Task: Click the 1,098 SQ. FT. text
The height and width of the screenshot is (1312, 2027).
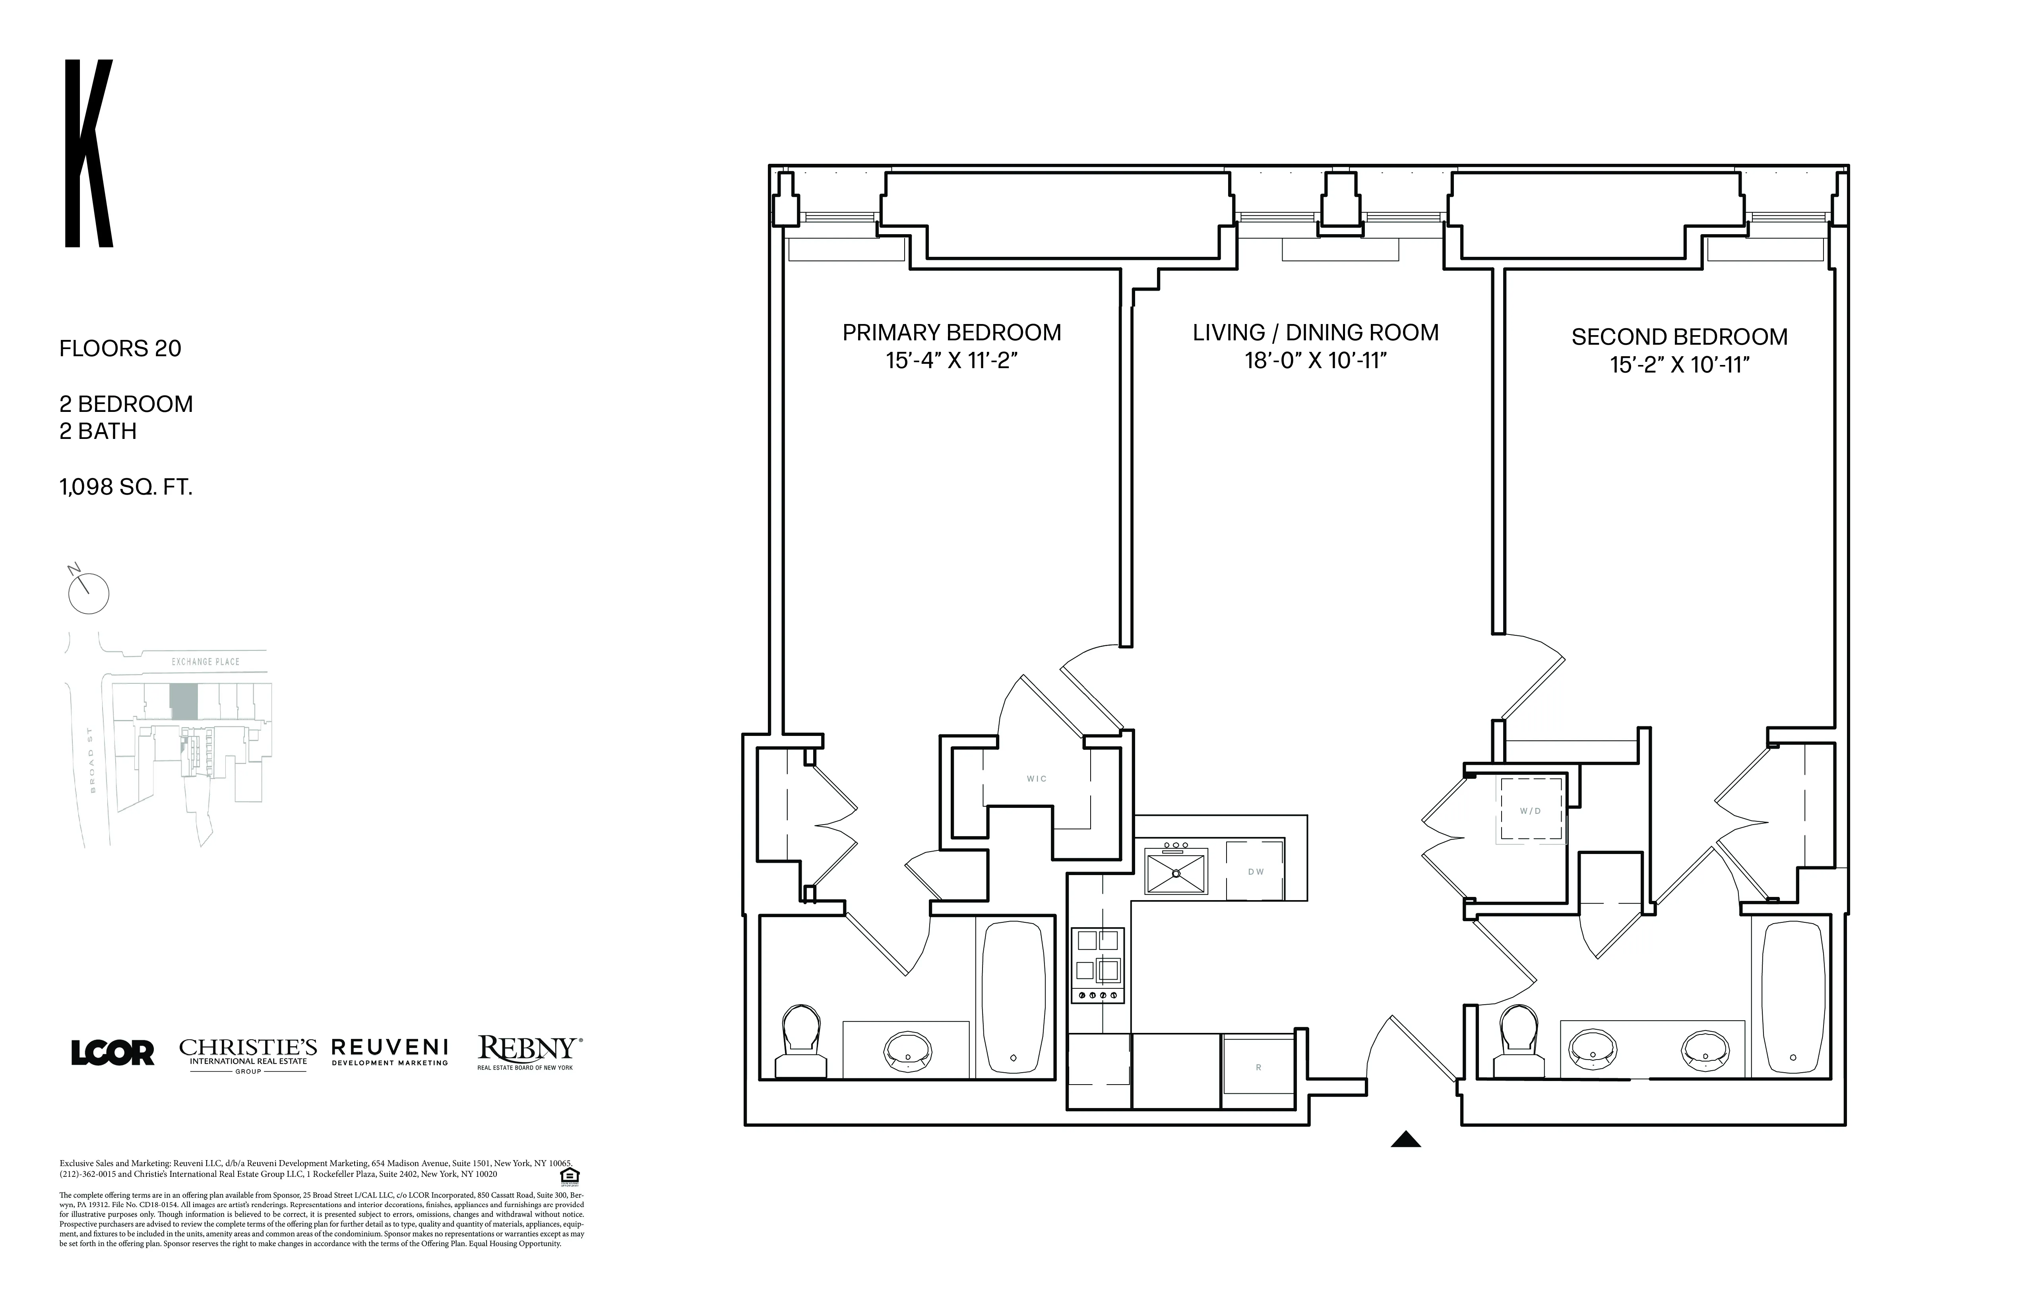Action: coord(125,487)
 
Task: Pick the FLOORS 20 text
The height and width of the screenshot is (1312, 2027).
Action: coord(120,348)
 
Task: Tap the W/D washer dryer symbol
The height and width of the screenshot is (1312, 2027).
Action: coord(1531,810)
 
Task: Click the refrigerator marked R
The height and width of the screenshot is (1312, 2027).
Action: coord(1258,1067)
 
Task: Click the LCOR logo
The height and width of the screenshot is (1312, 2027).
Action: coord(112,1053)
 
